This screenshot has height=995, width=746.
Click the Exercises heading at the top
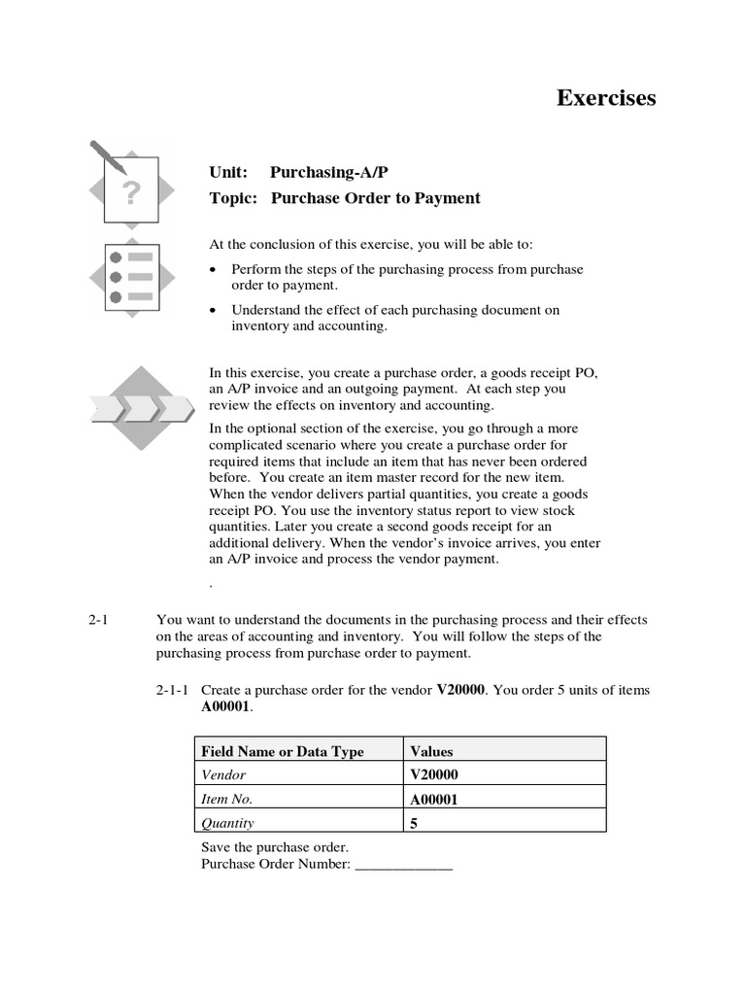(606, 98)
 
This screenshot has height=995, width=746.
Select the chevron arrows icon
(143, 407)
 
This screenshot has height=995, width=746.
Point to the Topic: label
(233, 198)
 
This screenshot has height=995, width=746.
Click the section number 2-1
(100, 619)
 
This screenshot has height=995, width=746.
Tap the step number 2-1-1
(175, 690)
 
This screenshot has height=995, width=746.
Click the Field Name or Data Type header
(282, 751)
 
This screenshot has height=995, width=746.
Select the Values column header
(432, 751)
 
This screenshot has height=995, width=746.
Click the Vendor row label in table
(223, 774)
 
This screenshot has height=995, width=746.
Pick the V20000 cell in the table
(434, 774)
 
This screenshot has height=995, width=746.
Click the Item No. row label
(226, 799)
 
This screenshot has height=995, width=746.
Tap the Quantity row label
(227, 823)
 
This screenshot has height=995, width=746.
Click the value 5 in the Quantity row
(415, 823)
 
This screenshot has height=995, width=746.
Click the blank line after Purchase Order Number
(404, 864)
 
